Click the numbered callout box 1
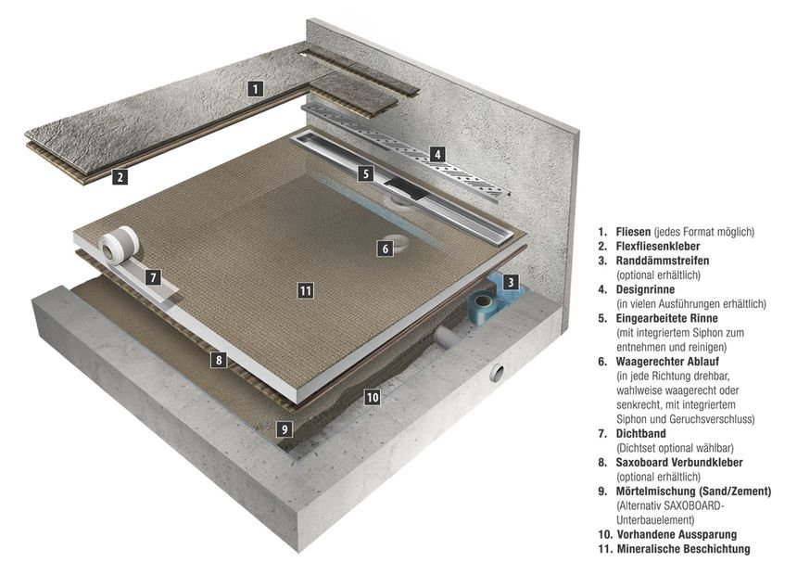pos(257,89)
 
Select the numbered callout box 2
pos(120,176)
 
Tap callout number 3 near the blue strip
pos(511,281)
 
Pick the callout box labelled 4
pos(436,155)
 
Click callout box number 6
pos(385,248)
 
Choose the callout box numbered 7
pos(154,276)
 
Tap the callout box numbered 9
pos(285,428)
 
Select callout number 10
pos(372,397)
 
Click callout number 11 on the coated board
pos(305,290)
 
